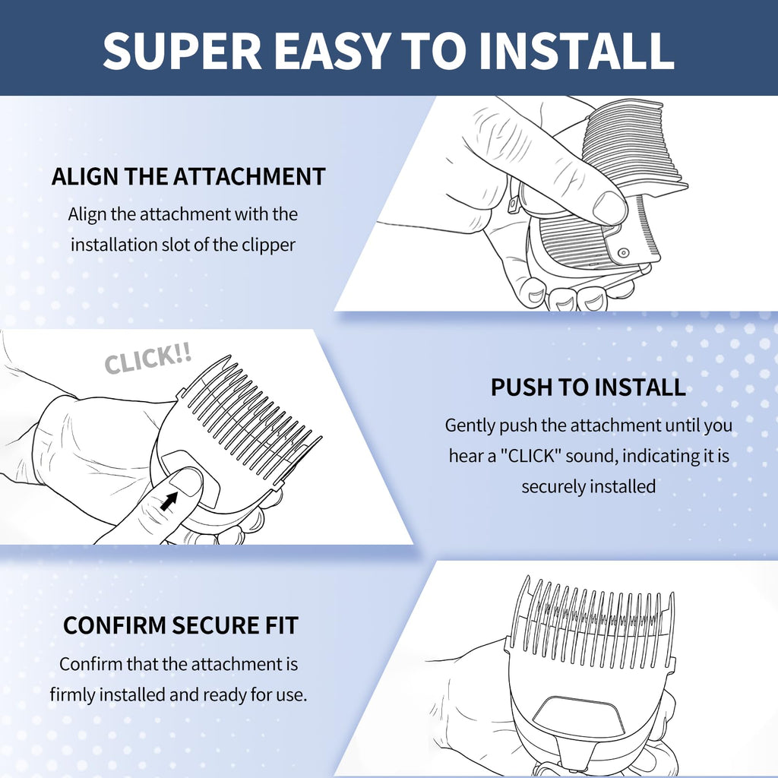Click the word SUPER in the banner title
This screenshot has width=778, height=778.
(x=182, y=51)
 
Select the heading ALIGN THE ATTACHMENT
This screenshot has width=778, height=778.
(x=188, y=176)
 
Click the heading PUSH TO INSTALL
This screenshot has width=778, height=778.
(x=588, y=387)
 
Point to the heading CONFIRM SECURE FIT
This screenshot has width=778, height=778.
(x=181, y=625)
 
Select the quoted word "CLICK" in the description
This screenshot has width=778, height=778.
(x=530, y=456)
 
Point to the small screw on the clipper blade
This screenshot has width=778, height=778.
(x=624, y=254)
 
